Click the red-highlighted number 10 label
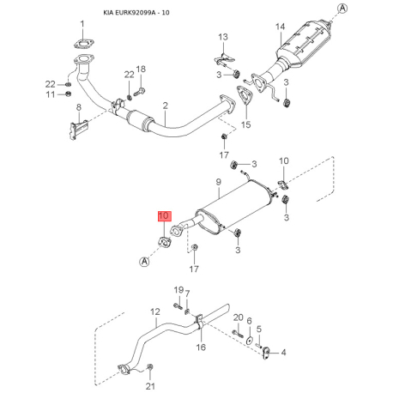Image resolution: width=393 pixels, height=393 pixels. pos(164,216)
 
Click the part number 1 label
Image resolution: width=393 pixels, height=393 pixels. pos(82,24)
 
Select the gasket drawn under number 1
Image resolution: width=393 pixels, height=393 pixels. pos(83,45)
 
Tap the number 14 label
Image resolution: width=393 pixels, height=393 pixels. pos(280,27)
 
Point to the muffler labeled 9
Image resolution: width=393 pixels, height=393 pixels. pos(234,207)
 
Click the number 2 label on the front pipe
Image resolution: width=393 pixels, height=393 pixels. pos(166,106)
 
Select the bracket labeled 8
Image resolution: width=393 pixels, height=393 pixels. pos(78,130)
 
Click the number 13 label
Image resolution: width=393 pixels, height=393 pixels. pos(223,37)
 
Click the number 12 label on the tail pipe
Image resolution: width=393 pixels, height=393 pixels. pos(155,311)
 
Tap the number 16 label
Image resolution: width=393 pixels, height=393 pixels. pos(201,347)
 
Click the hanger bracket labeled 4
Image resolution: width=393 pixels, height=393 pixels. pos(266,352)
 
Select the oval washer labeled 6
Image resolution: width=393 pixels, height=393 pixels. pos(250,341)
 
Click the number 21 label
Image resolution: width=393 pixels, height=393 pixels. pos(150,386)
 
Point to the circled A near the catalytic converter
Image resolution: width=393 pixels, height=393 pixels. pos(342,9)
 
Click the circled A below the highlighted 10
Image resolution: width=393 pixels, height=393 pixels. pos(144,262)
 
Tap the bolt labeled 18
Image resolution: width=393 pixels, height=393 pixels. pos(139,92)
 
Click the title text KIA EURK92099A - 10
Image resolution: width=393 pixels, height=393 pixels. pos(136,13)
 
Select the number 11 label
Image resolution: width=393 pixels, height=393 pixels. pos(51,94)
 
